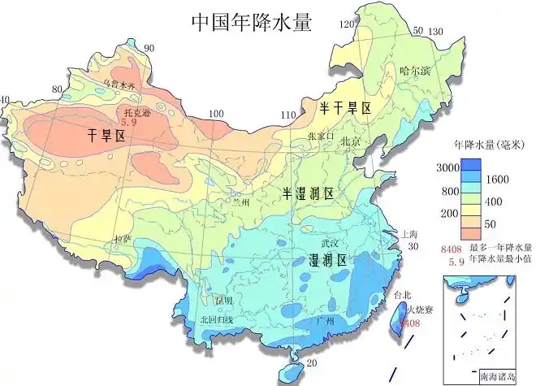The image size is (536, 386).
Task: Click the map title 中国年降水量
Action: click(251, 22)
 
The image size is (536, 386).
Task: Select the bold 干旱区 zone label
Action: click(106, 137)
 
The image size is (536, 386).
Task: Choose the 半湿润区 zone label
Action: click(308, 193)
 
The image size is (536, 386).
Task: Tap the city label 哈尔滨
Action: click(414, 71)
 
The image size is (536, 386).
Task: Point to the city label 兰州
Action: click(239, 202)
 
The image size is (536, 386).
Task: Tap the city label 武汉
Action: click(330, 243)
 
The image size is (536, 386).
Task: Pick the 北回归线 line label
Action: click(216, 320)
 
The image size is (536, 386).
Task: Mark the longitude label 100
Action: click(216, 114)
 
